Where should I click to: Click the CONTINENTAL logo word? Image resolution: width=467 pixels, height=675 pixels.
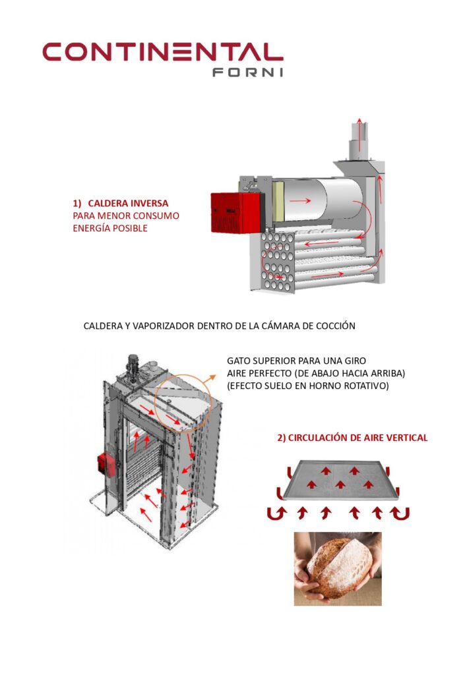(x=162, y=52)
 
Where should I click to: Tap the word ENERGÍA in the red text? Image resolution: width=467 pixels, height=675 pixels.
(x=92, y=228)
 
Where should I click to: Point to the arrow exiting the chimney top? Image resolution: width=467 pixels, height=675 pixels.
(x=359, y=125)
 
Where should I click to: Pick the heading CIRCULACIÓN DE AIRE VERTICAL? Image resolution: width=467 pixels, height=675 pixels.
(x=352, y=438)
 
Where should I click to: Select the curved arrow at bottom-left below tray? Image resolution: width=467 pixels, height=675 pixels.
(x=272, y=512)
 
